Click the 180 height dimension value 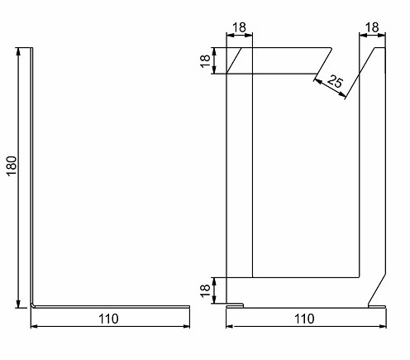(x=12, y=166)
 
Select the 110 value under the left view (x=108, y=319)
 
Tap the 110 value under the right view (x=304, y=319)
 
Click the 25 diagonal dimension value (x=335, y=81)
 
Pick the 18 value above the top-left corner (x=239, y=27)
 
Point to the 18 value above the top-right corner (x=372, y=27)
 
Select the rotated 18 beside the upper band (x=205, y=61)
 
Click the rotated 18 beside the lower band (x=205, y=290)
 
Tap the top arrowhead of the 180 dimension (x=18, y=51)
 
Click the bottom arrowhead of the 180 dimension (x=18, y=304)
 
